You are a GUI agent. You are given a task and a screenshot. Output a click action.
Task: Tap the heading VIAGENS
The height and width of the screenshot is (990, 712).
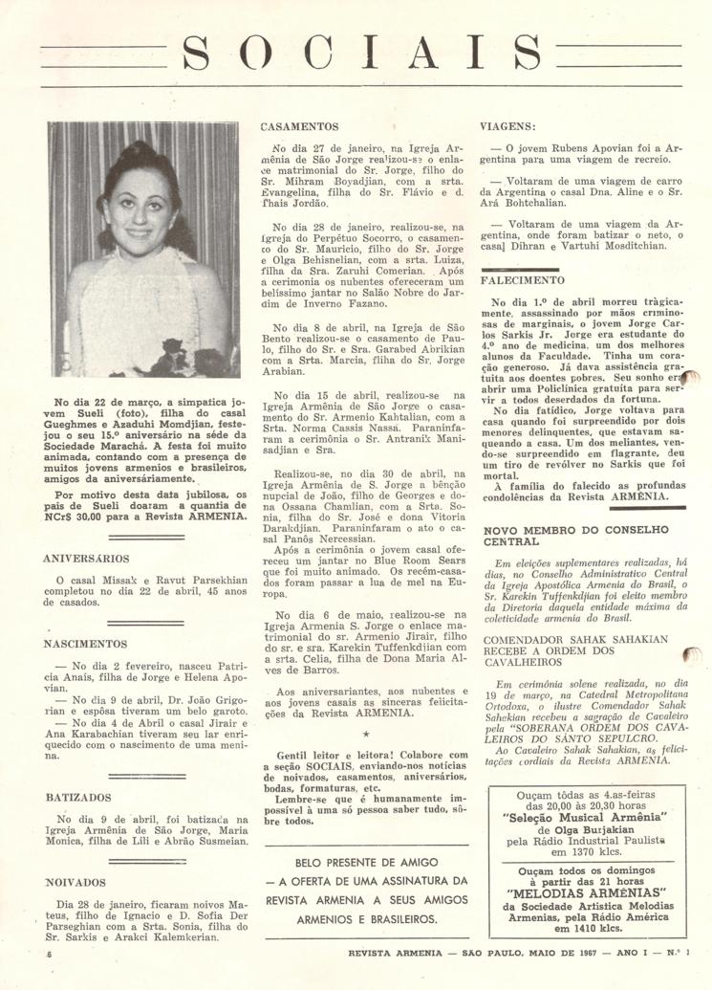[509, 125]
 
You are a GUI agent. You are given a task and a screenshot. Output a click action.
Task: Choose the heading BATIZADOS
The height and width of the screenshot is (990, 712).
[78, 797]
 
